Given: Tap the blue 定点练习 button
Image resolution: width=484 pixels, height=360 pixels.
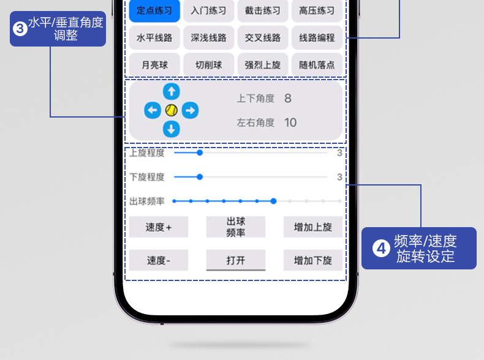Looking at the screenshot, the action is (154, 10).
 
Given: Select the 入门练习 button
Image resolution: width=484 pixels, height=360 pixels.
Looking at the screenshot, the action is (208, 10).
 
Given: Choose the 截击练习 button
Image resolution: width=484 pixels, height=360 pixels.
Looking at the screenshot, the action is (262, 10).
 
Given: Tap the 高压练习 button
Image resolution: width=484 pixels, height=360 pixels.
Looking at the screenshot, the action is (317, 10).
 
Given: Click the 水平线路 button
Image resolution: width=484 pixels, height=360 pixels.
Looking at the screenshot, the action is (154, 37).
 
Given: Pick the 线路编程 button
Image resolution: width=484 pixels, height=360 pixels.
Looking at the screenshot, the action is (317, 37).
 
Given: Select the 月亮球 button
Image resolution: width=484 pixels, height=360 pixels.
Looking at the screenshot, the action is (154, 64).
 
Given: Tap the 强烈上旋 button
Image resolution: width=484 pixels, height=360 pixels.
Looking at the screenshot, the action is (262, 64).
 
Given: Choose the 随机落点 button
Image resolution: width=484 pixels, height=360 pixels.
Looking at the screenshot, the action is (317, 64).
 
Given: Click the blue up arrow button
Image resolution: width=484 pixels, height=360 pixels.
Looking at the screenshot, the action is (172, 91).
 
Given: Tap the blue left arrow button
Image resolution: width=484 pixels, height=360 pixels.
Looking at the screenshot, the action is (153, 110).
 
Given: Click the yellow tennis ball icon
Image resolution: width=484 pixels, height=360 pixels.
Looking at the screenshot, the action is (172, 110).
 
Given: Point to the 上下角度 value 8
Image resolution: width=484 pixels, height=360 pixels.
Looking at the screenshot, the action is (288, 99).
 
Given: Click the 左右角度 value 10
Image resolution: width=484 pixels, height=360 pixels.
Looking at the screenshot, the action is (290, 122).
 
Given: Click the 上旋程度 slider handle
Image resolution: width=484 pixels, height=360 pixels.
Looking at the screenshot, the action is (200, 153).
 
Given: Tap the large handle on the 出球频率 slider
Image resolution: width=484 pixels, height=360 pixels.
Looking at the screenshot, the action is (273, 201).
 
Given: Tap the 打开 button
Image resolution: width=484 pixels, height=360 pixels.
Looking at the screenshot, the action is (236, 260).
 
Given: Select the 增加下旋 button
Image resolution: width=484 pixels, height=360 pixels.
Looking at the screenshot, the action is (313, 260).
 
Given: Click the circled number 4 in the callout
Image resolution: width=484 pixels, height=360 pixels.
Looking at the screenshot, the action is (382, 249).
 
